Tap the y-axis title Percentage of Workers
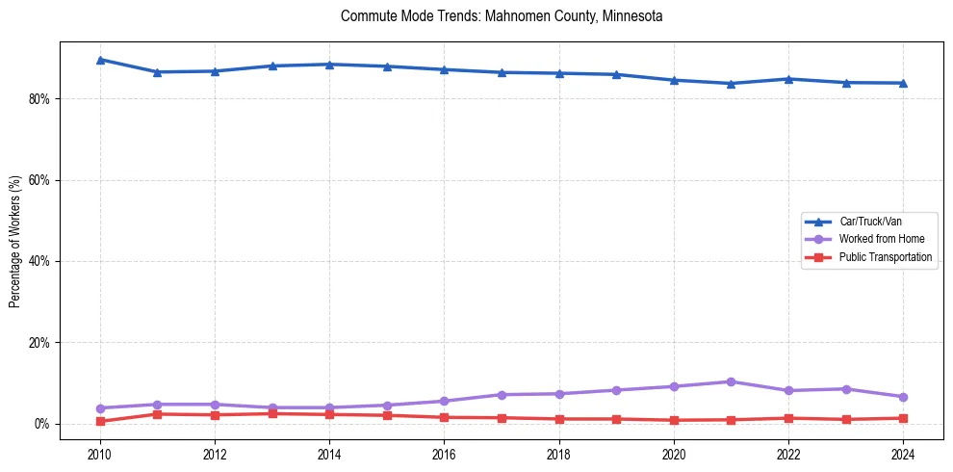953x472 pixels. coord(14,242)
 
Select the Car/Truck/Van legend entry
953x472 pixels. coord(870,222)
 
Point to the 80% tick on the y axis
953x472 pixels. coord(41,99)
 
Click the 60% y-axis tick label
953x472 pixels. coord(41,180)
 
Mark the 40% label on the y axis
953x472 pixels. coord(41,262)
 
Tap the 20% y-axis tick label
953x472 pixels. coord(41,343)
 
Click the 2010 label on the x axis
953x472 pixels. coord(99,453)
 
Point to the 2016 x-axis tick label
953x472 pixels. coord(444,453)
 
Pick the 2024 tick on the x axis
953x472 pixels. coord(903,453)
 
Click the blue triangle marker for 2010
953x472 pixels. coord(100,60)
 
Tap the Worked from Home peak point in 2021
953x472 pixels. coord(731,381)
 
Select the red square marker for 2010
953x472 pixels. coord(100,421)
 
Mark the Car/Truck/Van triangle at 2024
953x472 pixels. coord(903,83)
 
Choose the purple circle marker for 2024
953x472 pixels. coord(903,397)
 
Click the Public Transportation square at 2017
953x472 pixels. coord(502,418)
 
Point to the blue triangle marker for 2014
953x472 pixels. coord(329,65)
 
